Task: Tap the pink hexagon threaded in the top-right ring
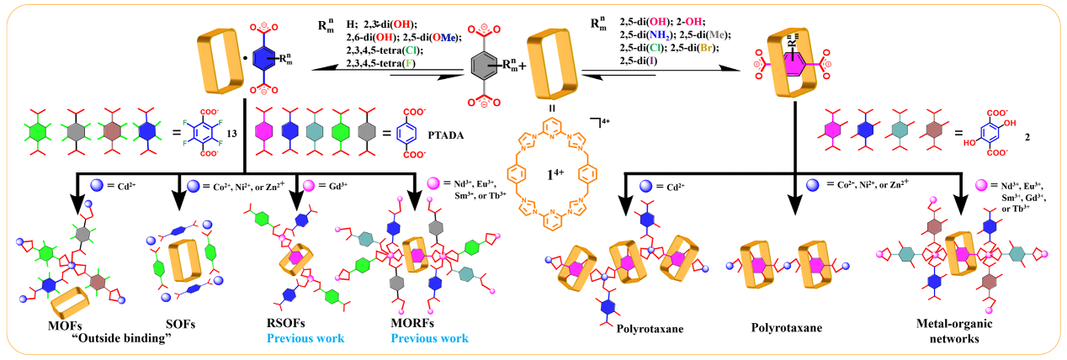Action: pyautogui.click(x=795, y=62)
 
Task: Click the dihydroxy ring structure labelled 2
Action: pyautogui.click(x=985, y=134)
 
